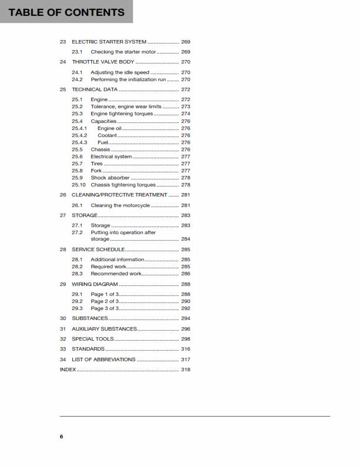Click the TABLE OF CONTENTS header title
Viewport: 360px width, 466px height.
click(66, 12)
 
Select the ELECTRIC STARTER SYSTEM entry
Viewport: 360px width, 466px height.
click(109, 42)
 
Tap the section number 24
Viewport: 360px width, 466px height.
click(63, 62)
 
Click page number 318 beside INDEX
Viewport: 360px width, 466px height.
click(185, 370)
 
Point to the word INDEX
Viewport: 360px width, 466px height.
click(68, 370)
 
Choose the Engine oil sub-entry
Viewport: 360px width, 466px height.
click(109, 128)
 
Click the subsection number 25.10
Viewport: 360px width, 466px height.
click(79, 185)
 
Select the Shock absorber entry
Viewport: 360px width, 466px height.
click(110, 178)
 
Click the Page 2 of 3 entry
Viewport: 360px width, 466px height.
click(105, 301)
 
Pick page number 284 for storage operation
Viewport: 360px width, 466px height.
click(185, 239)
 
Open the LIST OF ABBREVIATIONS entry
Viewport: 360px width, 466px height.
click(104, 360)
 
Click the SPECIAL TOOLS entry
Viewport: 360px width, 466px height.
click(93, 339)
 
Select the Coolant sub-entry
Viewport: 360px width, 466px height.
click(107, 135)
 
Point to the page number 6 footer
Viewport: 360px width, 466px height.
click(61, 437)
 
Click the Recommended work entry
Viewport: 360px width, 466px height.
click(116, 274)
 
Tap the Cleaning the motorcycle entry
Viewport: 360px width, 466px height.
click(120, 206)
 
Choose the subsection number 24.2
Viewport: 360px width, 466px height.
click(77, 79)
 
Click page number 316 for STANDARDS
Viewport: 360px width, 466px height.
click(185, 349)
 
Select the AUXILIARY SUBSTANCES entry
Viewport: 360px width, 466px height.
click(104, 329)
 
